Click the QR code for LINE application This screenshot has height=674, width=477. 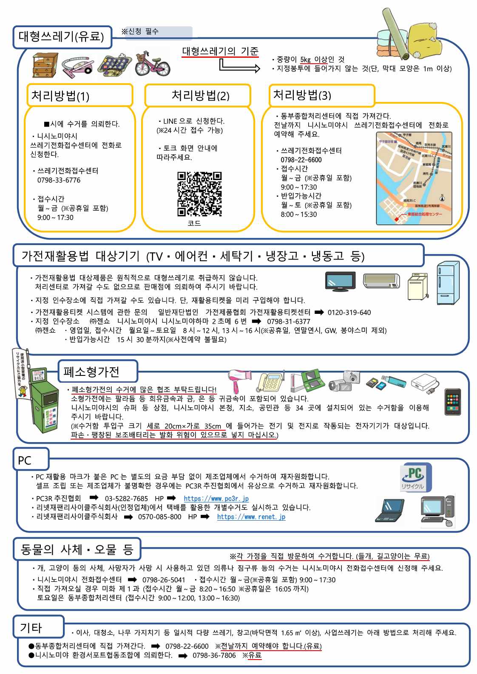[199, 194]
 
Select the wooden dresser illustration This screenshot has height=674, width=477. [45, 65]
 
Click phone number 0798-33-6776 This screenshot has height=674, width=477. [59, 180]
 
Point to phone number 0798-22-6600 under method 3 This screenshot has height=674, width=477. [301, 160]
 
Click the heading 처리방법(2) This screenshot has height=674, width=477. [200, 96]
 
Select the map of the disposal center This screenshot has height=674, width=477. [414, 178]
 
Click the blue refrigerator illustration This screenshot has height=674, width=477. [448, 283]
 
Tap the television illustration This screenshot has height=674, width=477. [340, 281]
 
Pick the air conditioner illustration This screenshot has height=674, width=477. [381, 280]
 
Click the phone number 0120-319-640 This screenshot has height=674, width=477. [349, 313]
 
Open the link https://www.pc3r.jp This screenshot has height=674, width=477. [216, 499]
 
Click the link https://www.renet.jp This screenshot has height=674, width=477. [251, 517]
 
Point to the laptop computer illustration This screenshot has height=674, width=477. [389, 510]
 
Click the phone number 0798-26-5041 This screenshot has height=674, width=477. [164, 580]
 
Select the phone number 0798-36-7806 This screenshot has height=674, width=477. [214, 655]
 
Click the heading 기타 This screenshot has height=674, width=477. [31, 627]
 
